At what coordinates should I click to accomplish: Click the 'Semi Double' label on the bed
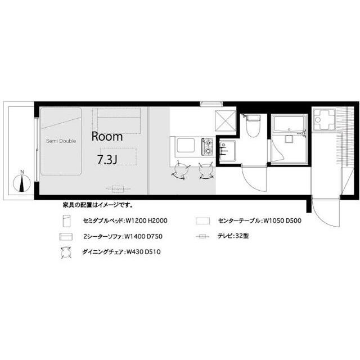(61, 141)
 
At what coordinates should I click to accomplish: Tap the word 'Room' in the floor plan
(107, 136)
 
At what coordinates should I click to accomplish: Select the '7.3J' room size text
(107, 160)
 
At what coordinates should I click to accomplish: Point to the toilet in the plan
(253, 126)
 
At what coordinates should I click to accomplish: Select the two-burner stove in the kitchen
(208, 147)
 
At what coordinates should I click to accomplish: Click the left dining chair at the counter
(181, 171)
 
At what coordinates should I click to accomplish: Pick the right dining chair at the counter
(206, 171)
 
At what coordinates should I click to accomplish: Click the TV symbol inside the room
(118, 189)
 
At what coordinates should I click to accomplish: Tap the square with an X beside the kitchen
(226, 121)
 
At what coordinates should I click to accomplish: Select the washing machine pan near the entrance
(324, 120)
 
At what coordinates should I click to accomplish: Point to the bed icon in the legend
(66, 221)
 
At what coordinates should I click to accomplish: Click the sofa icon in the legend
(66, 236)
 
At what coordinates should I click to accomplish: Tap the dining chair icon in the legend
(66, 253)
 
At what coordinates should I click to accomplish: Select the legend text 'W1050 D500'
(282, 221)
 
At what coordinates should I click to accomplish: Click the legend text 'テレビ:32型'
(233, 236)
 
